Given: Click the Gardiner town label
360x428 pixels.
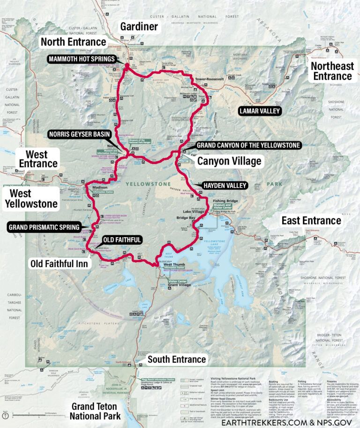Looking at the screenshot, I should click(139, 27).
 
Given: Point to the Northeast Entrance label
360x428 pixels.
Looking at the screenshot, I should click(332, 71).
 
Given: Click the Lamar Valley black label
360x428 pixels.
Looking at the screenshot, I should click(259, 111).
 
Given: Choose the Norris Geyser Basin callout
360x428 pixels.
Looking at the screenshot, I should click(80, 135).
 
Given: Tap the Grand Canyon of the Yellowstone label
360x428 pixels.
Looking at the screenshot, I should click(248, 146).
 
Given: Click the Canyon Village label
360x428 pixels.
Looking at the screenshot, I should click(229, 162).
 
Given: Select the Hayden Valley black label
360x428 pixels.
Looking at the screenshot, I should click(225, 186).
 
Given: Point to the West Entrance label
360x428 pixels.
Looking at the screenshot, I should click(38, 159).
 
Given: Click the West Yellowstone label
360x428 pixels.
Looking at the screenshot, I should click(30, 198).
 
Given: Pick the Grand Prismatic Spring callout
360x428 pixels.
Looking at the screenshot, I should click(45, 227).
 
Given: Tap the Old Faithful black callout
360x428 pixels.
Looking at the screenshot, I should click(121, 240).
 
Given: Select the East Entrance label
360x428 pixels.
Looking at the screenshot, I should click(311, 220).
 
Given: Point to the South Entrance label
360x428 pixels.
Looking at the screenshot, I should click(176, 360).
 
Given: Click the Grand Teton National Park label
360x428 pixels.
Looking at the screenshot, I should click(96, 411).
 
